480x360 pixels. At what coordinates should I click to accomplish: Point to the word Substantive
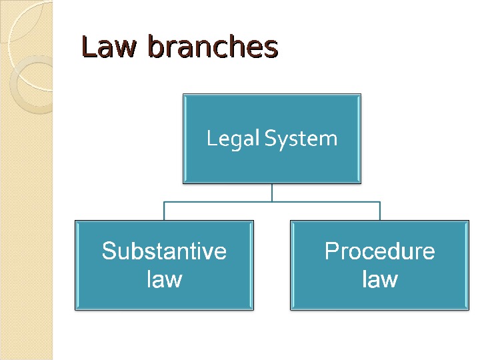164,251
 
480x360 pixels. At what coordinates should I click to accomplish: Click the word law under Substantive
164,278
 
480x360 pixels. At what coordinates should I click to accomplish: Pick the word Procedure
379,251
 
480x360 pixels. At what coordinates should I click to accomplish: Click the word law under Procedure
379,278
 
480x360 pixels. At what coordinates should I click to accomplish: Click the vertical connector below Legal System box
272,193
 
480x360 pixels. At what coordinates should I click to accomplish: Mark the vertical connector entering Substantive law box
164,211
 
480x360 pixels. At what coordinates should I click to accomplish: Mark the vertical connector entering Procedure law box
380,211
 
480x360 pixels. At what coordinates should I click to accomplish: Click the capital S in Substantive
109,251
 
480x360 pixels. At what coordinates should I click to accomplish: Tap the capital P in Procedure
331,251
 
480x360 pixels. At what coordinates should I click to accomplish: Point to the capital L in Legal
211,139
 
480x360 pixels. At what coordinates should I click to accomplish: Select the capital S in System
269,139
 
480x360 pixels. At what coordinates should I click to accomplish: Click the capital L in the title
87,47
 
